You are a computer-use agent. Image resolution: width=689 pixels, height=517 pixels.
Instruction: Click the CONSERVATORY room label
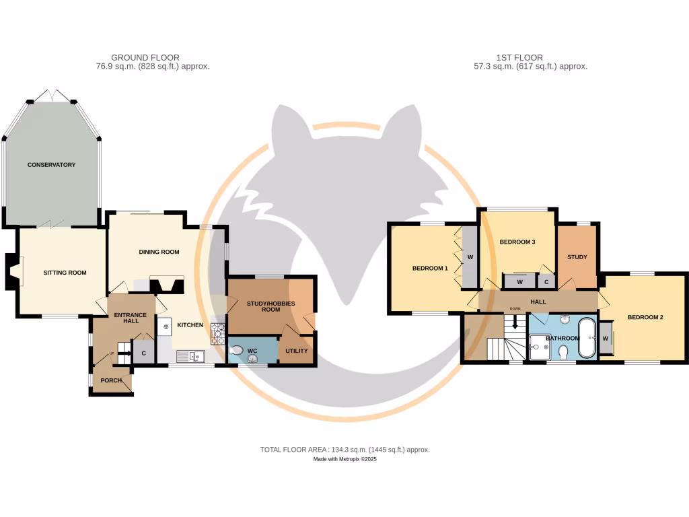click(51, 165)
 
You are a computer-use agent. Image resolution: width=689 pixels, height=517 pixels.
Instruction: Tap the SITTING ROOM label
click(65, 273)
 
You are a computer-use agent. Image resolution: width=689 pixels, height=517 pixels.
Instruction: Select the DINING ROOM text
click(159, 252)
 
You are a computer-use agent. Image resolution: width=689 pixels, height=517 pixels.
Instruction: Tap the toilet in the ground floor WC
click(235, 350)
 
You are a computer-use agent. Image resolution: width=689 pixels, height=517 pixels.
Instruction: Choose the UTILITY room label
click(296, 351)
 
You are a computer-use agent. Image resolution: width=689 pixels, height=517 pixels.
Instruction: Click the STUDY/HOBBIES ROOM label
click(261, 306)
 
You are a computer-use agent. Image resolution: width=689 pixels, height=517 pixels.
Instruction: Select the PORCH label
click(111, 380)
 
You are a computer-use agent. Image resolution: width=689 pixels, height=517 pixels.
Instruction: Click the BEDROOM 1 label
click(430, 268)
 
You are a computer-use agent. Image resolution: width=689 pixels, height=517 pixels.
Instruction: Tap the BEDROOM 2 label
click(645, 316)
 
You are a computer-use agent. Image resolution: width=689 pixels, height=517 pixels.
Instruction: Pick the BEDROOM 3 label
click(517, 242)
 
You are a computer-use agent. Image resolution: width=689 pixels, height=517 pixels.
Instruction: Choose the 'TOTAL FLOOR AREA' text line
click(344, 449)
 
